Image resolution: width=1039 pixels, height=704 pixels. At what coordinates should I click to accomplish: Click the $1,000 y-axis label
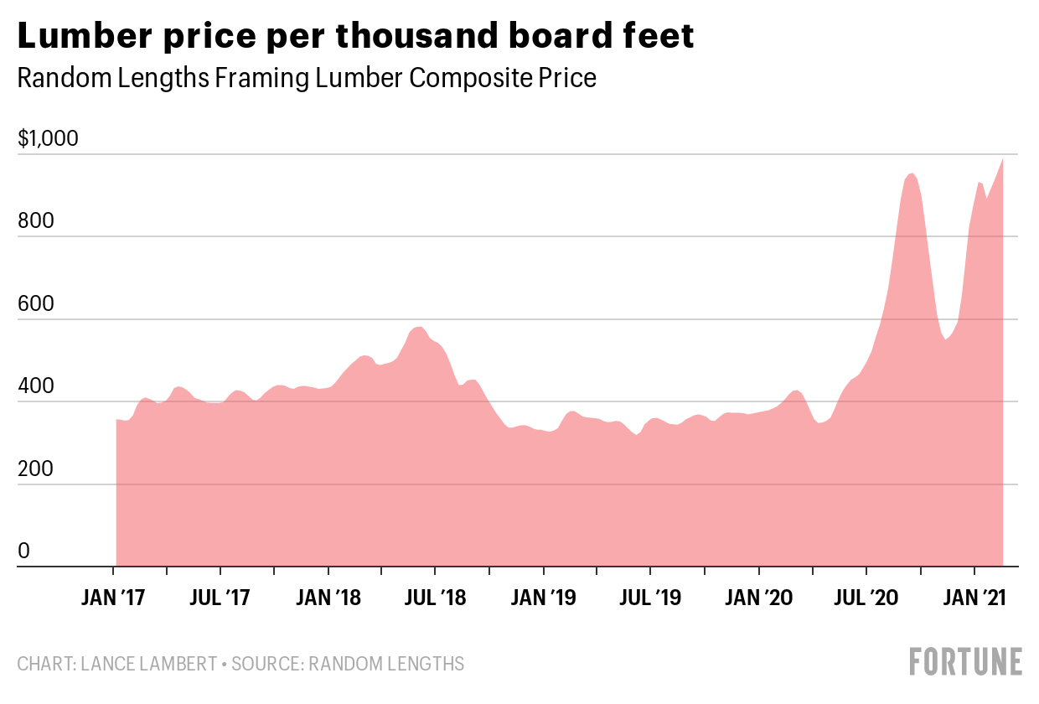48,138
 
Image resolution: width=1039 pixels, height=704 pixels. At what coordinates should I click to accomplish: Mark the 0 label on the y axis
24,551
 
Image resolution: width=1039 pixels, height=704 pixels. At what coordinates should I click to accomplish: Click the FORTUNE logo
966,661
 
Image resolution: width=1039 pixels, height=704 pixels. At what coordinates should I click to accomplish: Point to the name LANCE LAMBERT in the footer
148,665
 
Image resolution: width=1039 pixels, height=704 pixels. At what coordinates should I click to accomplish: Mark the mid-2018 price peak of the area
418,328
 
